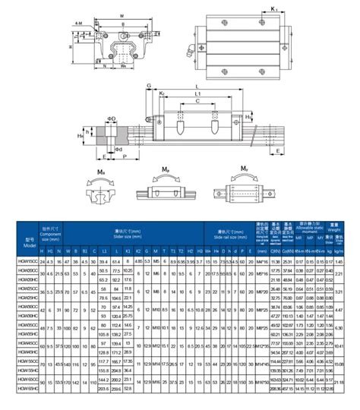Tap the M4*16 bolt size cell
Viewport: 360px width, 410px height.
(263, 261)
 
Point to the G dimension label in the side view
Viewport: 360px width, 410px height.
(149, 87)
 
